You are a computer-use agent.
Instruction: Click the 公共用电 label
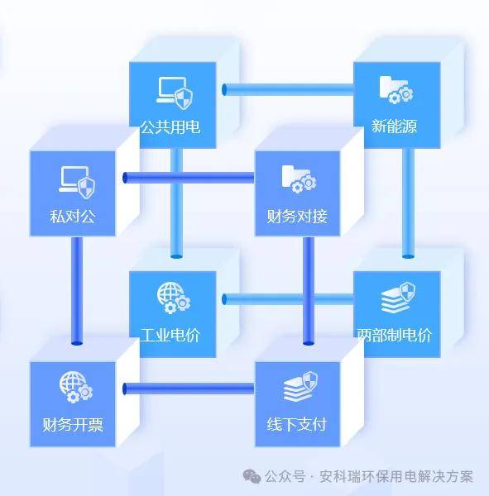tap(170, 127)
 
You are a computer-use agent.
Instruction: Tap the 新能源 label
tap(395, 126)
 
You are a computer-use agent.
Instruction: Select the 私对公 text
tap(73, 217)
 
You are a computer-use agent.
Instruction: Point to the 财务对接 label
tap(297, 217)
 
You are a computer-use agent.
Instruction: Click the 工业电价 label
tap(170, 336)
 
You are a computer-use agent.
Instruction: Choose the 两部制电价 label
tap(395, 336)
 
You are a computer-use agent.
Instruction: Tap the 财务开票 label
tap(73, 425)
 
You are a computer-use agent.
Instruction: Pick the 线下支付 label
tap(297, 425)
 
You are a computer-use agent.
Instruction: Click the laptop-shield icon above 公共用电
tap(175, 93)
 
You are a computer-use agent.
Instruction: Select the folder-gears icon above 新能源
tap(396, 90)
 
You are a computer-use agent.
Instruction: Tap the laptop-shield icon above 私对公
tap(77, 182)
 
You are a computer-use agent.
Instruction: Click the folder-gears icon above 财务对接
tap(299, 179)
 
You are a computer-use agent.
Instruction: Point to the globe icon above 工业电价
tap(174, 298)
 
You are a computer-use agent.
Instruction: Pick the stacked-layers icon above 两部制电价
tap(398, 298)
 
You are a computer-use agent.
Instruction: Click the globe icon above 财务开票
tap(76, 387)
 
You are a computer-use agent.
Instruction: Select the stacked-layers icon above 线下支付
tap(300, 387)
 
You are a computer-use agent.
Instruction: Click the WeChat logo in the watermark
tap(252, 476)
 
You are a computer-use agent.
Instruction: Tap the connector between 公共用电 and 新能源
tap(288, 89)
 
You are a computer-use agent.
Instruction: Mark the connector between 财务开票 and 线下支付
tap(189, 389)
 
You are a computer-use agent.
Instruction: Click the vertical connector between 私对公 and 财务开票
tap(77, 291)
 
